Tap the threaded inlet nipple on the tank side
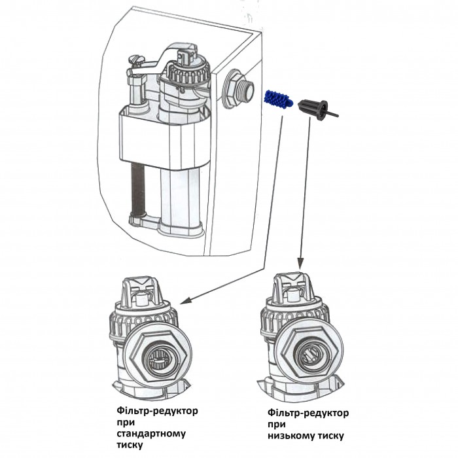[236, 90]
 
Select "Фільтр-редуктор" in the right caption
[308, 413]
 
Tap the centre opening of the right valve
[308, 353]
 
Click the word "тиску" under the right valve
[326, 435]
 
